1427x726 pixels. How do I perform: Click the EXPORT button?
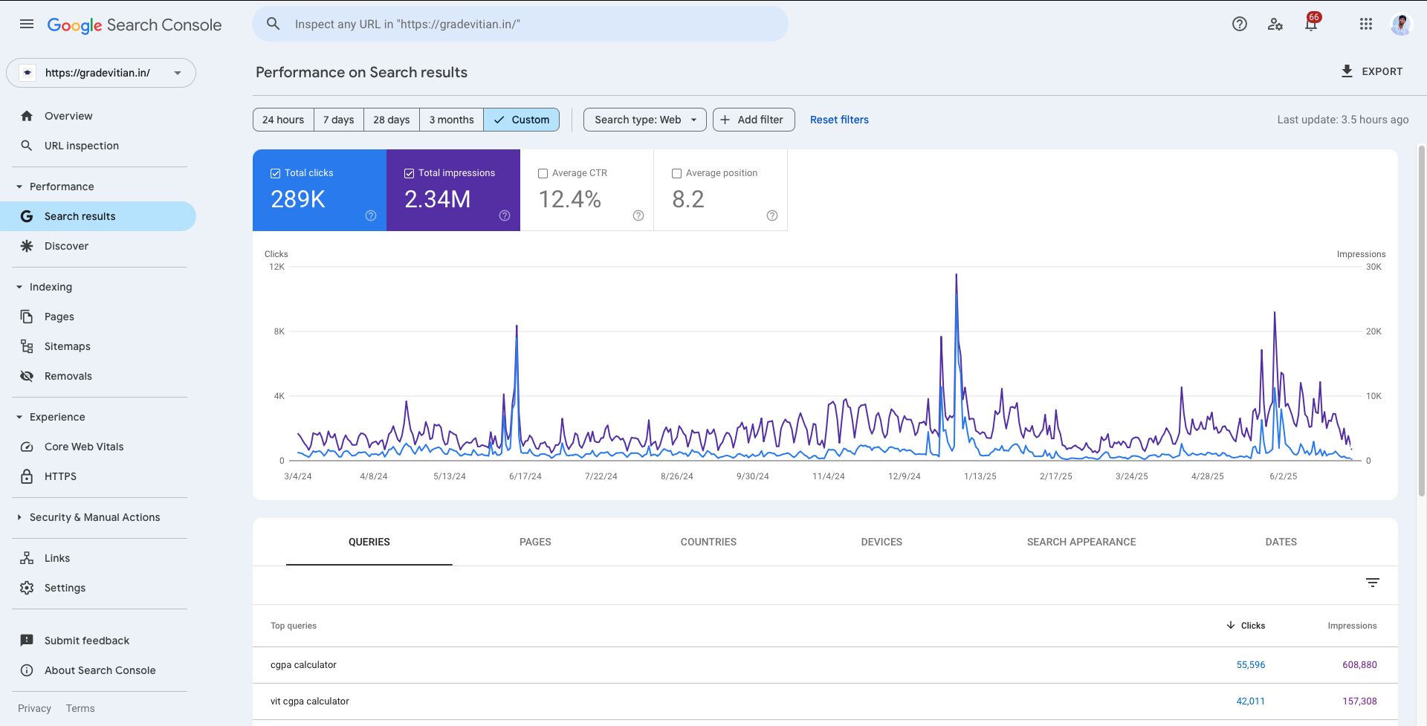click(x=1371, y=71)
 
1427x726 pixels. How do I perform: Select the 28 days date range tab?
click(x=391, y=120)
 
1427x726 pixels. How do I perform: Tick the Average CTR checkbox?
click(x=543, y=173)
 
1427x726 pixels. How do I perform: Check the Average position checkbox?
click(x=676, y=173)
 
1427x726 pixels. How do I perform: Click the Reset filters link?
click(x=839, y=120)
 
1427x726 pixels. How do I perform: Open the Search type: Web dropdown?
click(x=644, y=120)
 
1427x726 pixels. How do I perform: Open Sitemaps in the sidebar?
click(x=67, y=346)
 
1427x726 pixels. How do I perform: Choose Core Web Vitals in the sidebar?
click(x=84, y=447)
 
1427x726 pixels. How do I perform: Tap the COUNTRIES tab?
click(x=708, y=542)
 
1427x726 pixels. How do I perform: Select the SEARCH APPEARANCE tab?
click(x=1081, y=542)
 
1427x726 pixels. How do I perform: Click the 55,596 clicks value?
click(x=1251, y=665)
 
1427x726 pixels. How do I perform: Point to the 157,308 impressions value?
click(x=1359, y=701)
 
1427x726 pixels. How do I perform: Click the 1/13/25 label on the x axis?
click(x=980, y=476)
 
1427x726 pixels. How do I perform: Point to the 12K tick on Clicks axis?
click(x=276, y=267)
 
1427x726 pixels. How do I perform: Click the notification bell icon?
click(x=1311, y=24)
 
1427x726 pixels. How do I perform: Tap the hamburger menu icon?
click(x=27, y=24)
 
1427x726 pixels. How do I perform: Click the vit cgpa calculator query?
click(x=309, y=701)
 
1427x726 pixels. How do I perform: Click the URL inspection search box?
click(x=520, y=24)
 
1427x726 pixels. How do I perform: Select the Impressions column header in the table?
click(x=1352, y=626)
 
